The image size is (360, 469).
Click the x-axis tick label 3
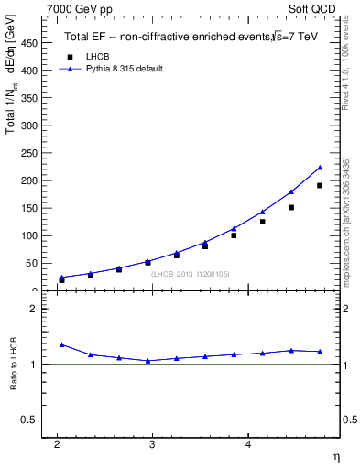pyautogui.click(x=153, y=445)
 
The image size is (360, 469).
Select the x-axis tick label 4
pyautogui.click(x=248, y=445)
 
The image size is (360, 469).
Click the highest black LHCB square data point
pyautogui.click(x=320, y=186)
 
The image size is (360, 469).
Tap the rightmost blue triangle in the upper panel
pyautogui.click(x=320, y=168)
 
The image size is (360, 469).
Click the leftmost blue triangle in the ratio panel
pyautogui.click(x=61, y=344)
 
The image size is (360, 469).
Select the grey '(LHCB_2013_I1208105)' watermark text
pyautogui.click(x=191, y=273)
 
